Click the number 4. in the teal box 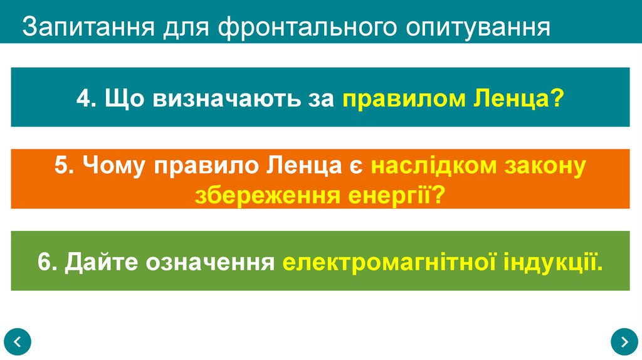86,98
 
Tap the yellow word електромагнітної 389,262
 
